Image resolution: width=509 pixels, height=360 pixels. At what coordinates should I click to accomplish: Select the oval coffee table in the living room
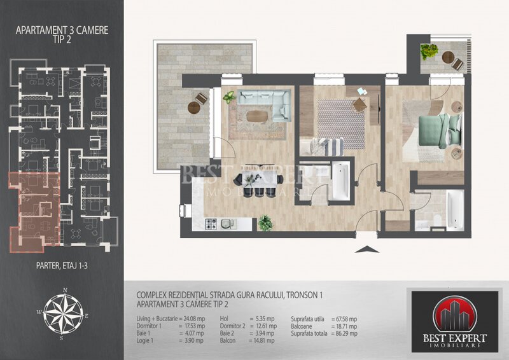tap(257, 116)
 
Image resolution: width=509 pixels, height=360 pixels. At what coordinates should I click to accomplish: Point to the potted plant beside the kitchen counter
tap(265, 222)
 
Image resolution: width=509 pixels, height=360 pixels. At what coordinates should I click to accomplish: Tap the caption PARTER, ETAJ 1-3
tap(62, 260)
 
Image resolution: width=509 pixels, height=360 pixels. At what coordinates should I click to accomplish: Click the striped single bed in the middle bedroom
tap(326, 146)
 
